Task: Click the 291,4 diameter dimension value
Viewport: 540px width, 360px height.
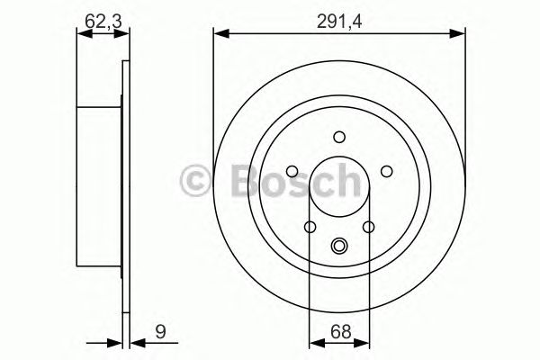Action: [340, 15]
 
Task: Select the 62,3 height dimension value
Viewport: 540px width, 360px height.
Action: [99, 15]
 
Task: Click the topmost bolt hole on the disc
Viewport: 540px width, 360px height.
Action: [339, 137]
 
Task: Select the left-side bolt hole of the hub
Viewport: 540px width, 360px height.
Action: [294, 171]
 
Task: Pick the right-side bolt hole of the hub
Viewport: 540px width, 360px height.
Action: [385, 171]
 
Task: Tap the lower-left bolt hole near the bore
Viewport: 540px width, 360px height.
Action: [310, 227]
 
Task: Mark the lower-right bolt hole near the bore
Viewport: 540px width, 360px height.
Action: [369, 227]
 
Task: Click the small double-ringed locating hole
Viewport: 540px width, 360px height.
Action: [339, 246]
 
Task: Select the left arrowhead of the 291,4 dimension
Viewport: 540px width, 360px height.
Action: [219, 34]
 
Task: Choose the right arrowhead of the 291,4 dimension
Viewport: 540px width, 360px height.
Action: [461, 34]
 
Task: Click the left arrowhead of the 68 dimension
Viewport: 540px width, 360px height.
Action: [314, 341]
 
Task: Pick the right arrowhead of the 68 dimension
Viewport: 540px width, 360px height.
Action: [364, 341]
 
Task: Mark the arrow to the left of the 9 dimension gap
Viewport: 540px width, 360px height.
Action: [115, 341]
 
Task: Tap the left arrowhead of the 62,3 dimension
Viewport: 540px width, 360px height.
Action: [82, 34]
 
